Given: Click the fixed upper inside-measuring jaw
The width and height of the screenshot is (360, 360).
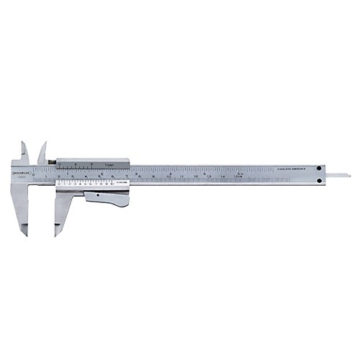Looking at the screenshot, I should [x=24, y=153].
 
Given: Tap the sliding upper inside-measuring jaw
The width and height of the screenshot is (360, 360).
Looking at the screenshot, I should [x=42, y=154].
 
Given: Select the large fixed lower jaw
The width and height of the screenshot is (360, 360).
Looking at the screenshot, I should [x=19, y=205].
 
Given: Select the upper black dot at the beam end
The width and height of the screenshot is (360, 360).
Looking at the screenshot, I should [x=319, y=168].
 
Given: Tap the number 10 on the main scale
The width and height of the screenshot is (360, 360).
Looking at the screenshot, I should [x=168, y=176].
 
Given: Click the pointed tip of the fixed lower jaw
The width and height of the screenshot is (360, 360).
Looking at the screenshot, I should [x=26, y=234].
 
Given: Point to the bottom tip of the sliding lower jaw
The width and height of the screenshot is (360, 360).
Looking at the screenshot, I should [x=56, y=235].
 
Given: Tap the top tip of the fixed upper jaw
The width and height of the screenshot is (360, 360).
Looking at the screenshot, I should [x=24, y=143].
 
